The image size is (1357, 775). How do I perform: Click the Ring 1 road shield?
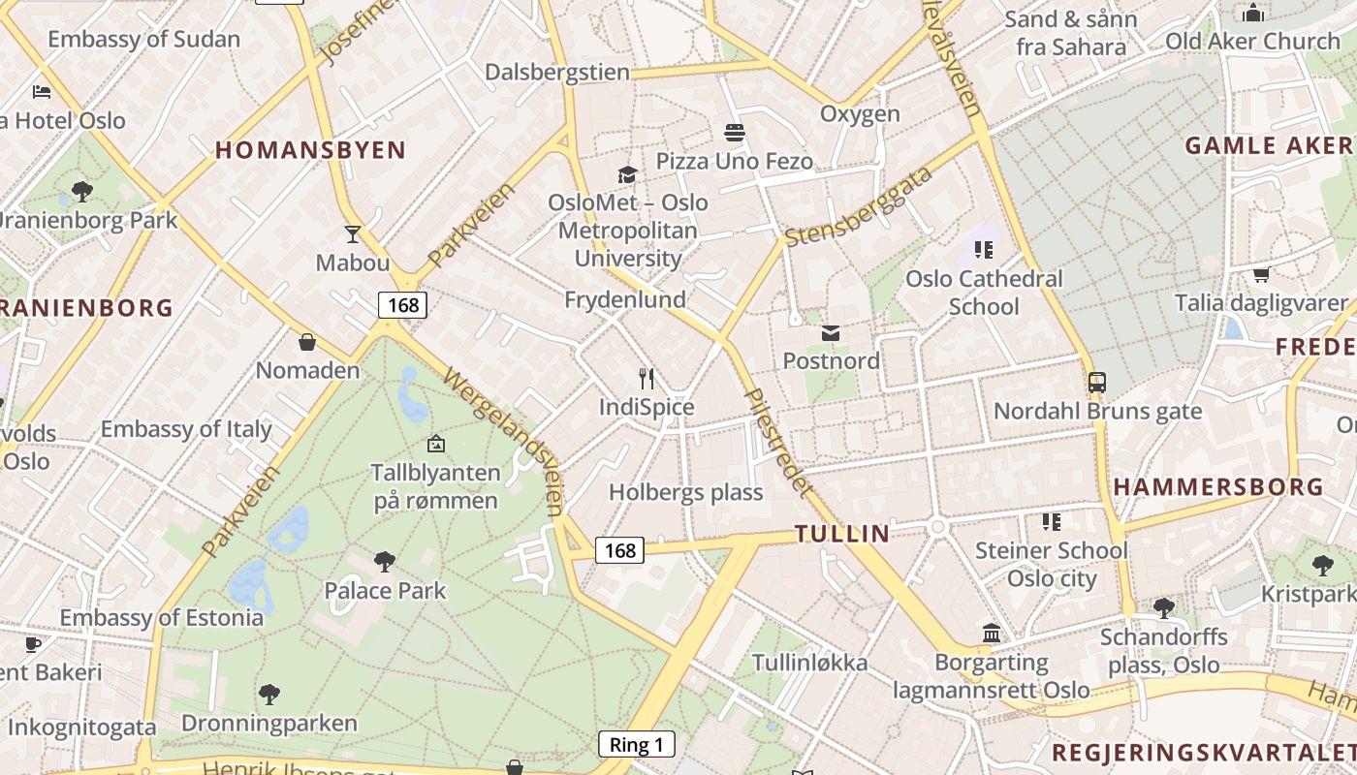pos(636,744)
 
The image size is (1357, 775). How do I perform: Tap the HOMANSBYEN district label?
pos(310,150)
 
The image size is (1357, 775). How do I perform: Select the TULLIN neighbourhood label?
pos(842,533)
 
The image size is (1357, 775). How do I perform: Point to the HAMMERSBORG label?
pos(1218,487)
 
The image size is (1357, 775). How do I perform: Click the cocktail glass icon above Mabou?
pos(353,234)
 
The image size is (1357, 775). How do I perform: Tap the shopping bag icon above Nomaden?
pos(307,342)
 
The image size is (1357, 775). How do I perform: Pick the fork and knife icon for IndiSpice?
pos(647,379)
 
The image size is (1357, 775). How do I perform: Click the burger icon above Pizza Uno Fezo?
pos(734,132)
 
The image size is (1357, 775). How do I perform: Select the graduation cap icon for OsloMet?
pos(627,175)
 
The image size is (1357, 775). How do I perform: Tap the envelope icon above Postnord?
pos(831,333)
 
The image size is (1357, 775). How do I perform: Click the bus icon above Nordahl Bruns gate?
pos(1097,383)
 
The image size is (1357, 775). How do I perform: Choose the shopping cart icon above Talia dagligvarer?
pos(1261,274)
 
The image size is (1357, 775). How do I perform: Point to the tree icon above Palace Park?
pos(385,561)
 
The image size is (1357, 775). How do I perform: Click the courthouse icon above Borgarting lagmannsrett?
pos(992,634)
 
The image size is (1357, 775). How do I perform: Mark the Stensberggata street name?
pos(859,206)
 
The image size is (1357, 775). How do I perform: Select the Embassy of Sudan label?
pos(143,40)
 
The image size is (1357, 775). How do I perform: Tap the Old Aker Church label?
pos(1252,41)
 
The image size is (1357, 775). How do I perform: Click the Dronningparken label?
pos(269,723)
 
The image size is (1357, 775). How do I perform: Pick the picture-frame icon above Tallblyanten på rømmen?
pos(436,445)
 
